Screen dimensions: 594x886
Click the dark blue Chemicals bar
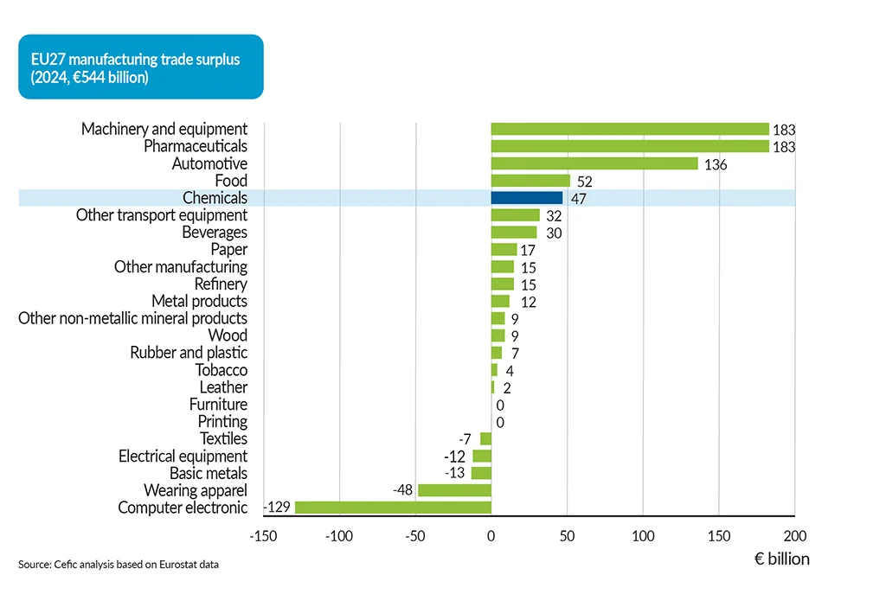526,198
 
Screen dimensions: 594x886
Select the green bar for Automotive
594,163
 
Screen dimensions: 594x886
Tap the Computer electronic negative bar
393,508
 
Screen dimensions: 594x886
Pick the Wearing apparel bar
454,490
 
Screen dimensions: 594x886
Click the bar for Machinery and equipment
629,129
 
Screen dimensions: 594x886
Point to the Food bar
530,181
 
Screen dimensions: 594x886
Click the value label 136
716,164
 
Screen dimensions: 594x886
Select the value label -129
278,508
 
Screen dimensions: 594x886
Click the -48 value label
403,490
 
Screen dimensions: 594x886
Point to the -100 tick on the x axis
338,536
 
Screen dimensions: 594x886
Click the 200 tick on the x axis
794,536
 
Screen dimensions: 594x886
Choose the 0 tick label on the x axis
491,536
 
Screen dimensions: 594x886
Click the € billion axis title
781,559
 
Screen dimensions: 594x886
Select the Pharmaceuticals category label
195,146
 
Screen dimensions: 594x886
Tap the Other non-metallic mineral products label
132,318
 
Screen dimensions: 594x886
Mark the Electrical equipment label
183,456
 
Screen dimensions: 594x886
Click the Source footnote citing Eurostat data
119,565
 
